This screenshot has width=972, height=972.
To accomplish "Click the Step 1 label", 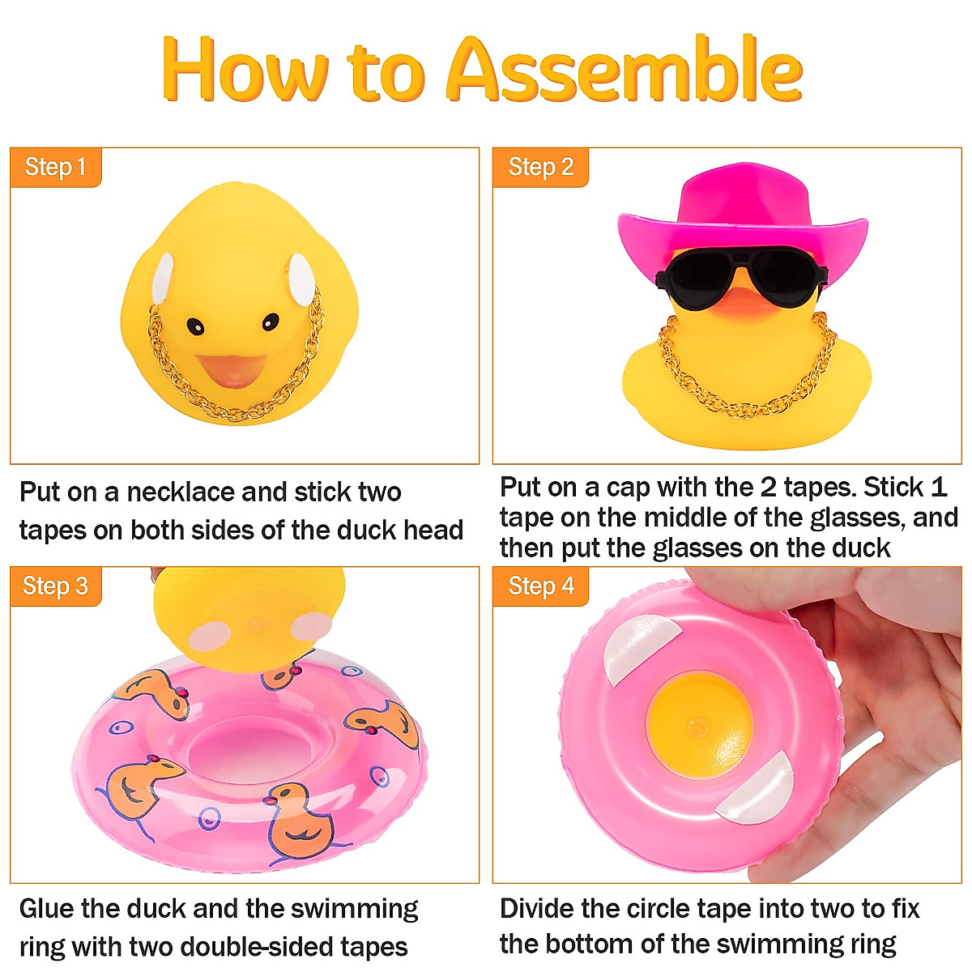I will click(55, 168).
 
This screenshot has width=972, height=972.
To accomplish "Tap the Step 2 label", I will click(540, 168).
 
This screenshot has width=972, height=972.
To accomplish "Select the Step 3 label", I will click(55, 586).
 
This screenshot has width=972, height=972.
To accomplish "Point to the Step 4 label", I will click(540, 586).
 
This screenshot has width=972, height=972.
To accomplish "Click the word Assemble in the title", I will click(624, 70).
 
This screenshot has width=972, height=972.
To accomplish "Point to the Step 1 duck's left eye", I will click(195, 326).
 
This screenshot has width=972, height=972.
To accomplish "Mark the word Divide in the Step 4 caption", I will click(536, 910).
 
